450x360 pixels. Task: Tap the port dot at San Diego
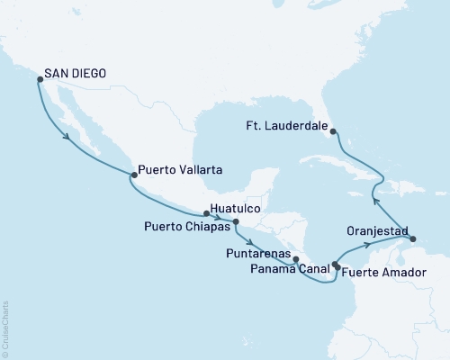[x=40, y=79]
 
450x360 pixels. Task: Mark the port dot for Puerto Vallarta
[x=133, y=175]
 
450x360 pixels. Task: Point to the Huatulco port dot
[x=207, y=213]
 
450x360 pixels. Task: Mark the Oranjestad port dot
[x=412, y=238]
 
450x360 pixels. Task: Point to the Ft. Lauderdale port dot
[x=333, y=131]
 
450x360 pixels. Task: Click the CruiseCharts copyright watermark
[x=6, y=328]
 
